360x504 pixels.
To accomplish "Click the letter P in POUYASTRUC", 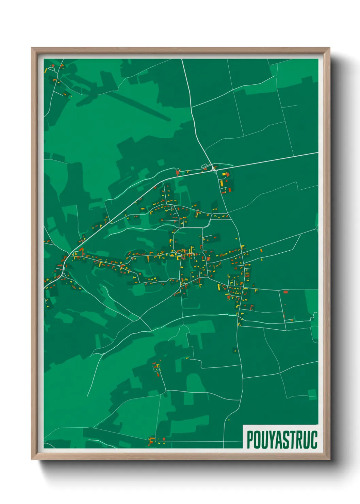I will click(250, 440).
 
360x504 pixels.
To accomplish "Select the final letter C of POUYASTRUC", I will click(314, 440).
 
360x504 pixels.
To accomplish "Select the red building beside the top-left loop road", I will click(53, 65).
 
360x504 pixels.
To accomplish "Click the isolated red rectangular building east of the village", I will click(285, 292).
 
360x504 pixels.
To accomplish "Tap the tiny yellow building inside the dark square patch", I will click(235, 350).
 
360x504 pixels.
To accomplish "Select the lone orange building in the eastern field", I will click(261, 251).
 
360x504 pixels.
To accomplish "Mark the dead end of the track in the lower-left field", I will click(87, 396).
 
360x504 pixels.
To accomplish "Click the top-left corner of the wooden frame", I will click(32, 48).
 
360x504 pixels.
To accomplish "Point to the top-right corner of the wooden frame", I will click(329, 48).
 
